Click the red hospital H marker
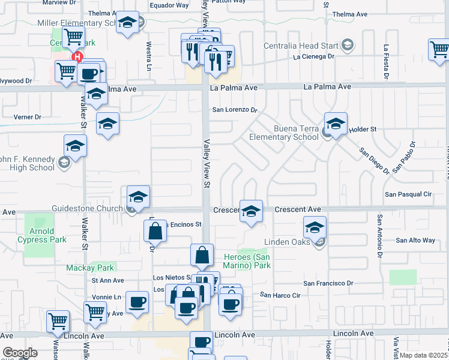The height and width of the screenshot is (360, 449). (77, 57)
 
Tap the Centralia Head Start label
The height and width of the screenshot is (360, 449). (302, 46)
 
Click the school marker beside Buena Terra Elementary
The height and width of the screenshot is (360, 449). (336, 125)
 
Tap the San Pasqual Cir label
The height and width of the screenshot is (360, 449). (408, 194)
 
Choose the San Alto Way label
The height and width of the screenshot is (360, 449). (415, 240)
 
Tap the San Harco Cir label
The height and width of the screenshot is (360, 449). (280, 295)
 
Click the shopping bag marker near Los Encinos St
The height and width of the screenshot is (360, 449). (155, 232)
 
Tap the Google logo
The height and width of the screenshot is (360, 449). (20, 353)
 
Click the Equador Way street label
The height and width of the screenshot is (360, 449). (169, 5)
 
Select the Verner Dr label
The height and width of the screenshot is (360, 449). (28, 117)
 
